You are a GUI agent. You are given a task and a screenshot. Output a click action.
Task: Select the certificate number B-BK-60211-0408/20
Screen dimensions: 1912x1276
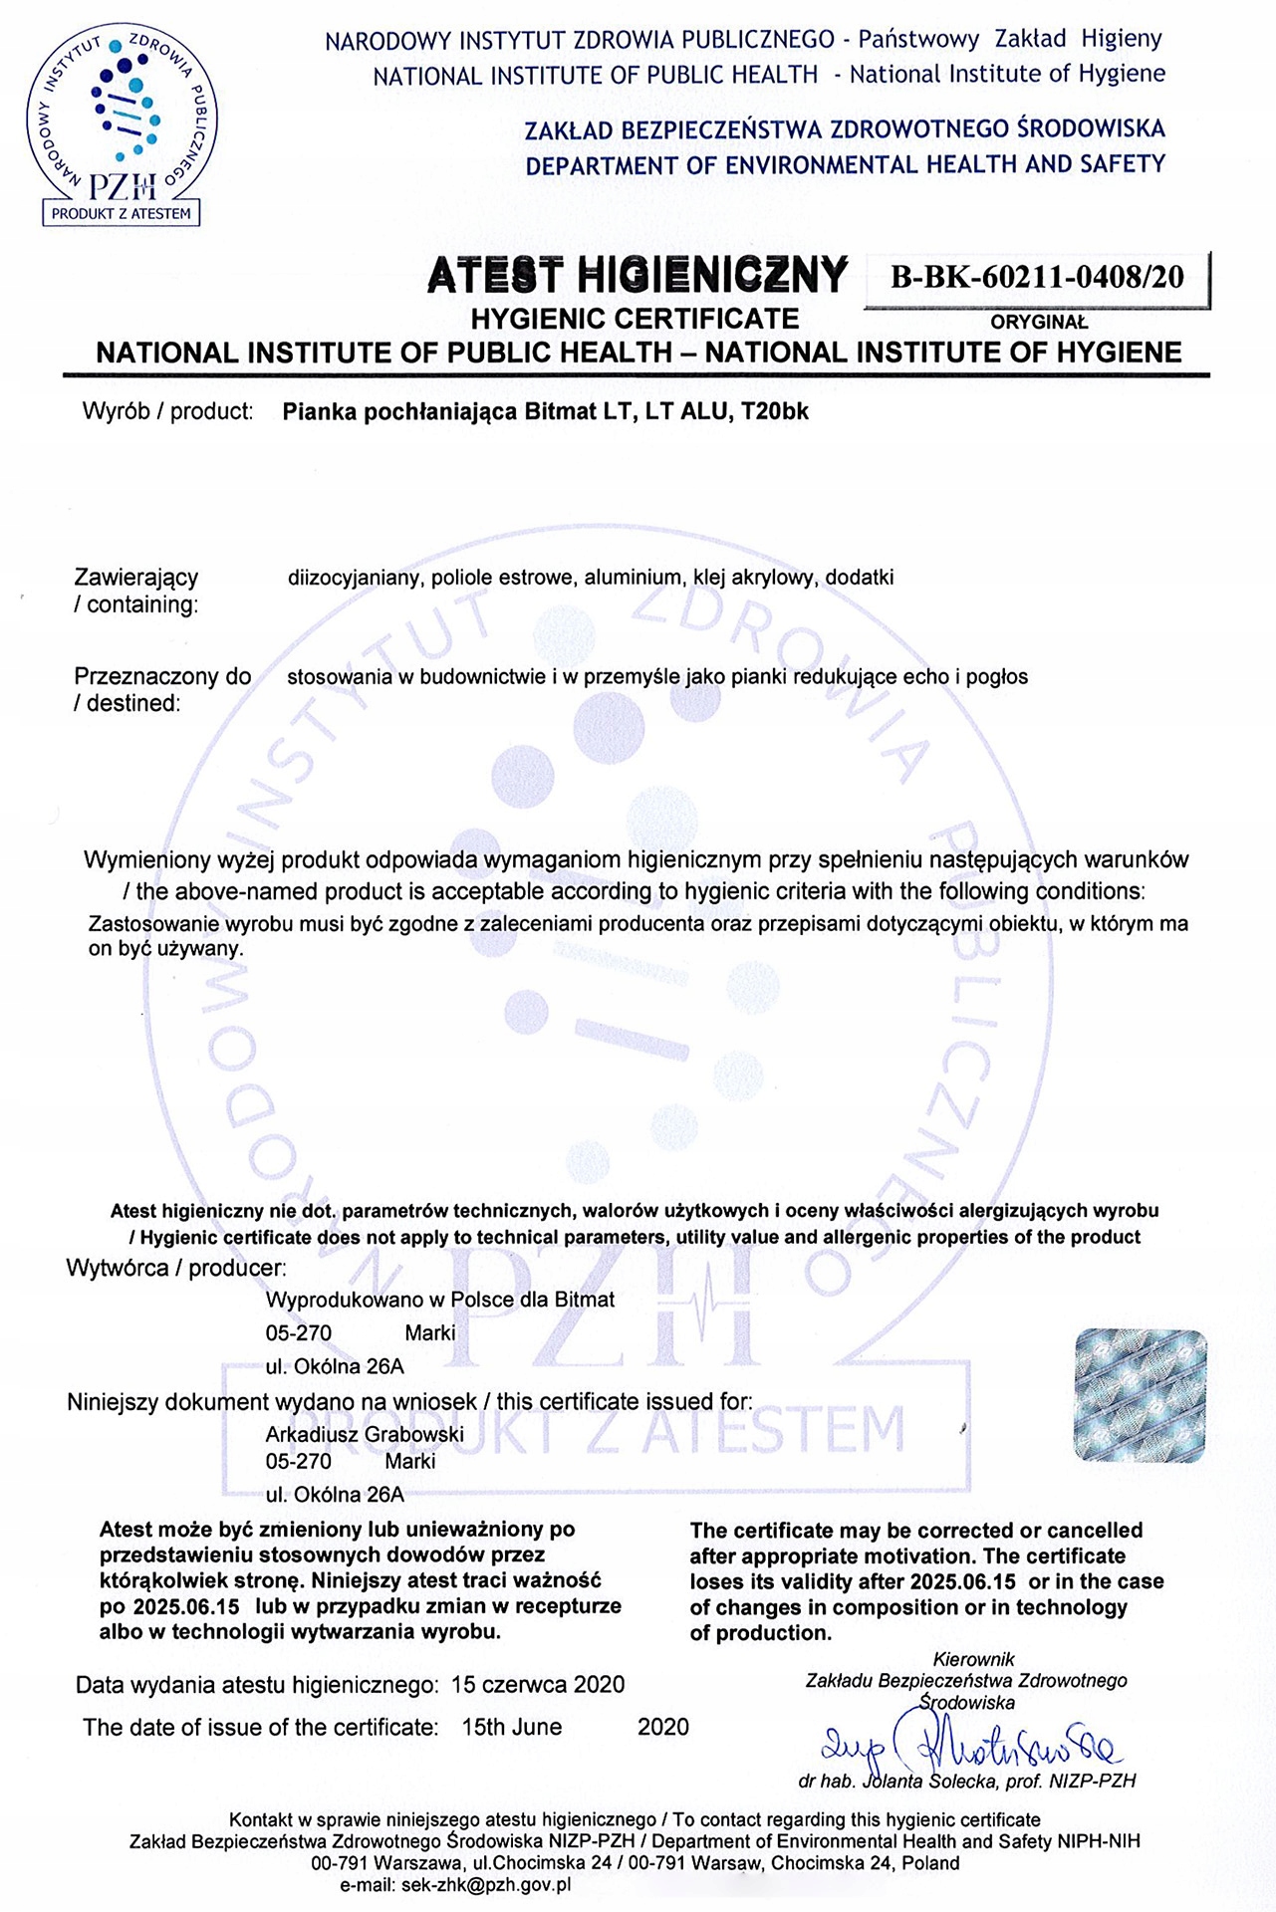[x=1037, y=277]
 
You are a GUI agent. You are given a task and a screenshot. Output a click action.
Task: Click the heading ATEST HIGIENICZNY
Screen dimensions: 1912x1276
[x=638, y=275]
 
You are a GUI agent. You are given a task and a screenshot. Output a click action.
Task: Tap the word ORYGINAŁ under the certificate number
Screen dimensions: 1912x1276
[x=1039, y=323]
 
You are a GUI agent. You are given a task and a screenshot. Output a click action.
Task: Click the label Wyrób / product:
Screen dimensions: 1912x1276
[x=167, y=411]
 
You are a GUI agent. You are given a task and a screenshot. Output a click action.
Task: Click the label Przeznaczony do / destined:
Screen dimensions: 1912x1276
[x=161, y=689]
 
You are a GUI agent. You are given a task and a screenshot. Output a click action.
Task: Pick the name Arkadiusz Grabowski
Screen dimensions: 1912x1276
[x=365, y=1434]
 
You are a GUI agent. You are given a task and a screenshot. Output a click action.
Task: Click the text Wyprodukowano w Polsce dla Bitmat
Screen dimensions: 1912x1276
[x=439, y=1300]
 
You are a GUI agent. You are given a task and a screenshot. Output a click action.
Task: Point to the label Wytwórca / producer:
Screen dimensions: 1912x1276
[x=176, y=1268]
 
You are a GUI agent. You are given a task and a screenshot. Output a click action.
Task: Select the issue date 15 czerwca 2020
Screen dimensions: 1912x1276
[x=538, y=1685]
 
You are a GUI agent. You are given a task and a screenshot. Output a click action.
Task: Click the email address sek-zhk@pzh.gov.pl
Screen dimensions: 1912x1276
[x=485, y=1884]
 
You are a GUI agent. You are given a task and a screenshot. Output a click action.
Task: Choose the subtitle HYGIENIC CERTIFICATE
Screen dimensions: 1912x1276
[x=635, y=319]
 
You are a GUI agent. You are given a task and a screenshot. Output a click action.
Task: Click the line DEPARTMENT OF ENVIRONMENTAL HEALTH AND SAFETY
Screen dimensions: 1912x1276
[x=845, y=165]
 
